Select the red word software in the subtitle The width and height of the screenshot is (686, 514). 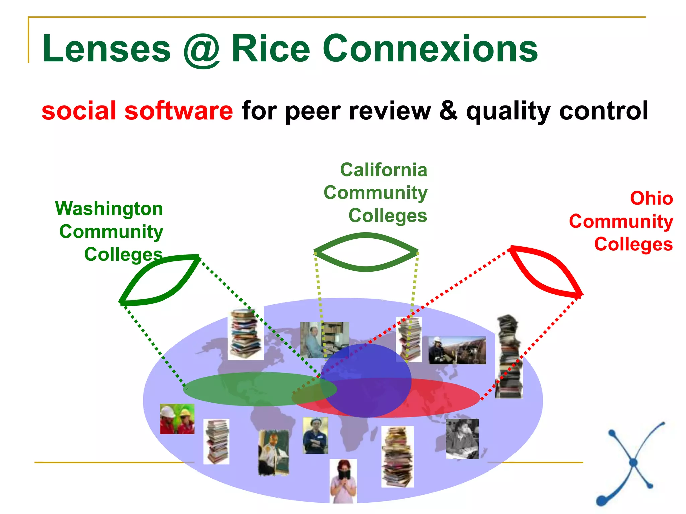[179, 111]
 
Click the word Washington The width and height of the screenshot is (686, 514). [109, 209]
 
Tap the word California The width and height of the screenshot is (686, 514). [384, 170]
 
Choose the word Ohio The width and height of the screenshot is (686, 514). [651, 198]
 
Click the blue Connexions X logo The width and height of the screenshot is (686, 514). [630, 463]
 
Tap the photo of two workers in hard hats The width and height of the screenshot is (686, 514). [177, 419]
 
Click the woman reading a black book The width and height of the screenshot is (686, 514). [343, 481]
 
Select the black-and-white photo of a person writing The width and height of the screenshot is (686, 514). [462, 438]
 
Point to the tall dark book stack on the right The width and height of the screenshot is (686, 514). [509, 356]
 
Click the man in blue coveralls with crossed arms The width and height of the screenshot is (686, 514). [315, 435]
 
